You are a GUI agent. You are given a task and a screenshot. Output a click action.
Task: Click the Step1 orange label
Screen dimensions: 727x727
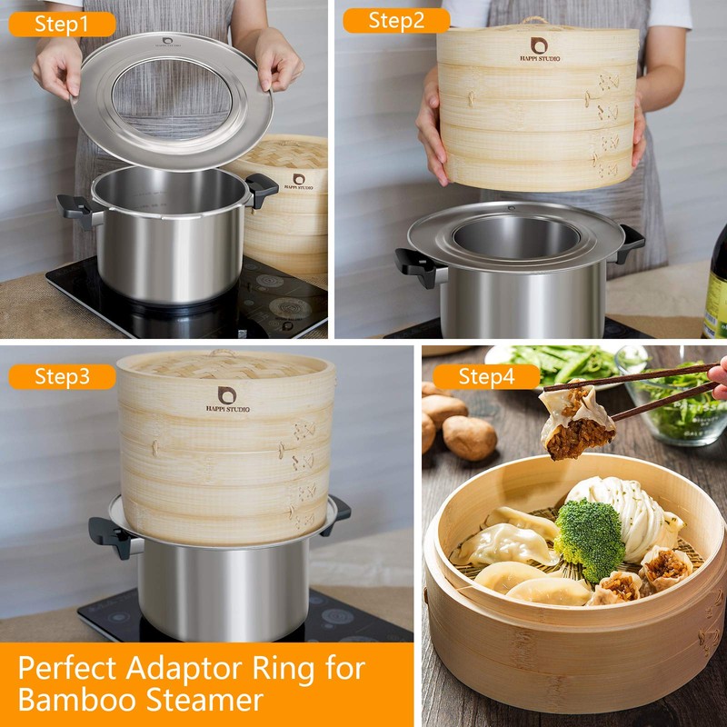coord(62,25)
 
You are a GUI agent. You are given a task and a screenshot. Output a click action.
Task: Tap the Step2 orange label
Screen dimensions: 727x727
coord(396,21)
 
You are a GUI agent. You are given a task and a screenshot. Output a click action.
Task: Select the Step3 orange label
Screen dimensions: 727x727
coord(62,376)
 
